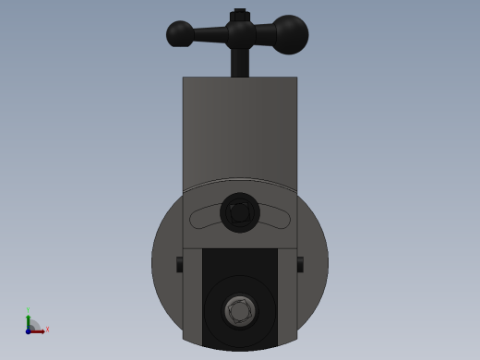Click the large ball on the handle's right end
pyautogui.click(x=290, y=34)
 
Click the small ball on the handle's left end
pyautogui.click(x=179, y=34)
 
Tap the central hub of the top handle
pyautogui.click(x=240, y=35)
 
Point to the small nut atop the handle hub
pyautogui.click(x=240, y=14)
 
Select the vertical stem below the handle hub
pyautogui.click(x=240, y=63)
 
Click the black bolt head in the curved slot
pyautogui.click(x=240, y=212)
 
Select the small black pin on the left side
pyautogui.click(x=180, y=264)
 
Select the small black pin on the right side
pyautogui.click(x=300, y=264)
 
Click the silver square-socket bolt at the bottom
pyautogui.click(x=240, y=311)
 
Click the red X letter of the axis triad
pyautogui.click(x=47, y=329)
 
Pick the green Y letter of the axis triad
pyautogui.click(x=28, y=310)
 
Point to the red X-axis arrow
pyautogui.click(x=38, y=330)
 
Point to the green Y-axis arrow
pyautogui.click(x=28, y=321)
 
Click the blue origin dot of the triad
pyautogui.click(x=28, y=330)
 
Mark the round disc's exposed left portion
pyautogui.click(x=167, y=277)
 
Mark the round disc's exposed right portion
pyautogui.click(x=313, y=277)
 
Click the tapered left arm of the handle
pyautogui.click(x=210, y=35)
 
